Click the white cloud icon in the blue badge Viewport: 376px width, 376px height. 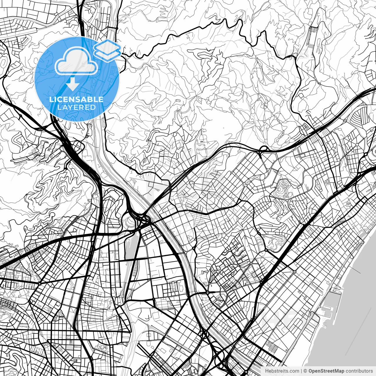[76, 62]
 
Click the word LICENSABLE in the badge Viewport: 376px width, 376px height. [76, 99]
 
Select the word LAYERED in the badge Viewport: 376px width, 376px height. [76, 107]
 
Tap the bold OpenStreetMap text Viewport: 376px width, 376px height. [326, 371]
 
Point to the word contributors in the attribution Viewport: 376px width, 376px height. [359, 371]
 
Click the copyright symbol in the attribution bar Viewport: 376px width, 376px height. [305, 371]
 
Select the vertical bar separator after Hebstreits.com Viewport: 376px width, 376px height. [302, 371]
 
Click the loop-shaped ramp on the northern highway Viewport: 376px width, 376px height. [263, 149]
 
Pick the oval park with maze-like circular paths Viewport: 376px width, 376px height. [283, 187]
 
